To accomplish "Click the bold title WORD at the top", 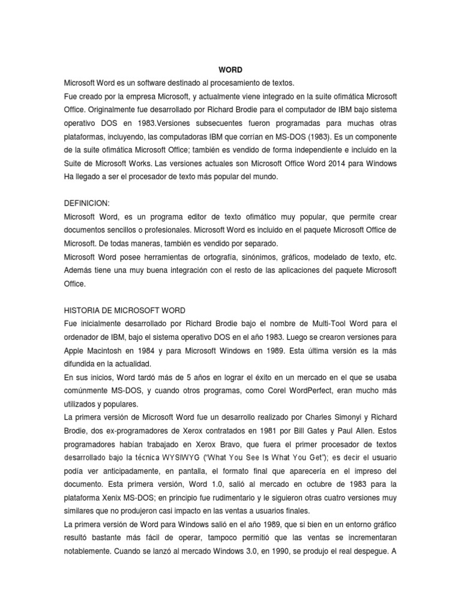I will coord(230,70).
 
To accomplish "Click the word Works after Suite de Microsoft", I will coord(145,164).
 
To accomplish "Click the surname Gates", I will coord(327,430).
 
